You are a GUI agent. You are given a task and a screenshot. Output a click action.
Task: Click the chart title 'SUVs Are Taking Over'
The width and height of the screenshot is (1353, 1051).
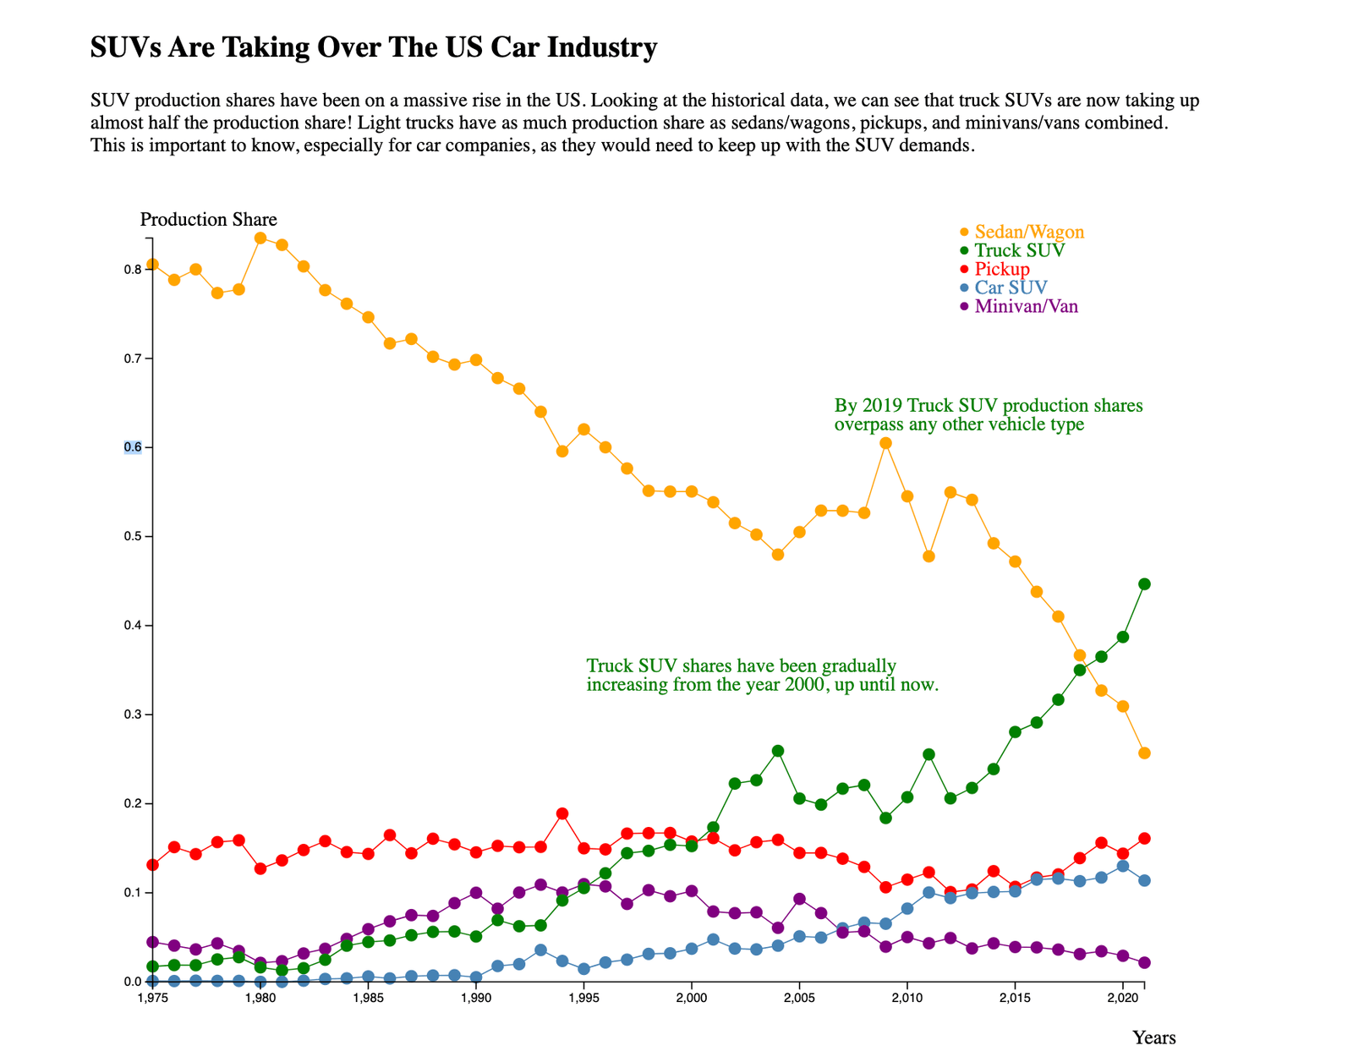(x=373, y=47)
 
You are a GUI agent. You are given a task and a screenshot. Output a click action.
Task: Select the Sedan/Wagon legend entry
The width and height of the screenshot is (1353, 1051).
(x=1028, y=232)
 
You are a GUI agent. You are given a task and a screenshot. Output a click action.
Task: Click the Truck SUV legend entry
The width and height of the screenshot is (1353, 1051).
(x=1019, y=250)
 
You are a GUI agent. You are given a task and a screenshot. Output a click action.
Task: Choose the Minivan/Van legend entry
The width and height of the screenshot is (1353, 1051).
(x=1025, y=306)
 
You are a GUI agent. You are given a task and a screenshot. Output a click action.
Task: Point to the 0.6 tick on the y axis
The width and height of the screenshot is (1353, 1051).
(x=133, y=447)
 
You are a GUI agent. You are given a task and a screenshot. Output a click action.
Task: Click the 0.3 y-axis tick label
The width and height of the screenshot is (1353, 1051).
(x=133, y=714)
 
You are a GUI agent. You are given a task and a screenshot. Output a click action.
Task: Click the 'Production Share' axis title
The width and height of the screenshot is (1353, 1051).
(x=208, y=220)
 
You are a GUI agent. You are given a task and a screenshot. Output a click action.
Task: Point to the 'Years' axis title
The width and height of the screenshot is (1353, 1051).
(x=1153, y=1037)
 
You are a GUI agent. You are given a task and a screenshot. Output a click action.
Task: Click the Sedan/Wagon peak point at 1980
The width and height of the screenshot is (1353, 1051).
(x=260, y=238)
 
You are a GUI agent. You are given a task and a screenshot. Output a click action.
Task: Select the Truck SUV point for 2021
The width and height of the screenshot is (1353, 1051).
(x=1144, y=584)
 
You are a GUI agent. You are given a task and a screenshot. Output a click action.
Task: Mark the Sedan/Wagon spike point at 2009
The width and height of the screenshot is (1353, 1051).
(x=885, y=443)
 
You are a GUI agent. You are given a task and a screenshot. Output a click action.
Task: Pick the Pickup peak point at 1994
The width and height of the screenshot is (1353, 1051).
(x=562, y=813)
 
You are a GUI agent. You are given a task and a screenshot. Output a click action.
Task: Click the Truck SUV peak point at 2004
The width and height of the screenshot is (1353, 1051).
(x=778, y=751)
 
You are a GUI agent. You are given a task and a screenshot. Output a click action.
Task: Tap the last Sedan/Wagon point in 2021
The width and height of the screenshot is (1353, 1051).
(x=1144, y=753)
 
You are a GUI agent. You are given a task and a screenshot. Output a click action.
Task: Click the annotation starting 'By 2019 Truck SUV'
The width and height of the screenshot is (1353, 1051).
(x=988, y=414)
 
